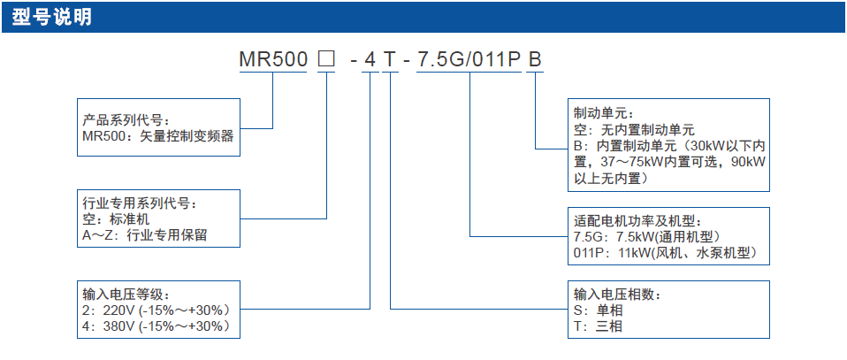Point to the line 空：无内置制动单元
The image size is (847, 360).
634,130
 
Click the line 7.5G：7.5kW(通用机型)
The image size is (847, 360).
648,236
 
